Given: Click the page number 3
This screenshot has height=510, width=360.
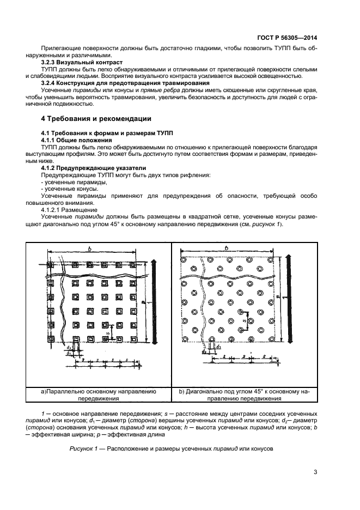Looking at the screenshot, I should click(315, 472).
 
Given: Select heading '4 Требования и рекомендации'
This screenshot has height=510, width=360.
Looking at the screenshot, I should click(96, 118).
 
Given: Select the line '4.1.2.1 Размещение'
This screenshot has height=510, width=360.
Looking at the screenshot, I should click(69, 209).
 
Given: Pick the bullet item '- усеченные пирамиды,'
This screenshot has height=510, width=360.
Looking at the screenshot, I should click(69, 181).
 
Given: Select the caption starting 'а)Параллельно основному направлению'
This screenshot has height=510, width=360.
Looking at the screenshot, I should click(99, 394).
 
